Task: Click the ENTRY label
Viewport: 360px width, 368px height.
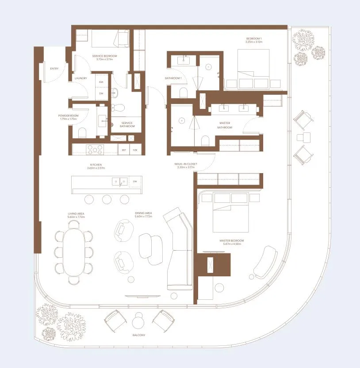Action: pos(55,69)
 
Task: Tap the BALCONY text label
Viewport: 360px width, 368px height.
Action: pos(138,335)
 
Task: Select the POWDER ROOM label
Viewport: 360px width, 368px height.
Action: pos(68,116)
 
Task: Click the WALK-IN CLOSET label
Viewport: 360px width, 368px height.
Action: pos(186,164)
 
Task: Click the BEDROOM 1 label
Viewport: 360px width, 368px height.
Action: pos(254,39)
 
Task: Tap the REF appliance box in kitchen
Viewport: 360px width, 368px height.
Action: pos(124,151)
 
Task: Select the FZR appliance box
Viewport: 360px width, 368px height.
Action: pos(135,151)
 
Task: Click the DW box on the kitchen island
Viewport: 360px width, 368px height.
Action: pos(135,182)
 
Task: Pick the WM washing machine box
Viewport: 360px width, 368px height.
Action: pos(101,83)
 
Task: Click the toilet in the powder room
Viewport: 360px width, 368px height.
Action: pos(81,132)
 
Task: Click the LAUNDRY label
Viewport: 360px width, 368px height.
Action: pos(81,78)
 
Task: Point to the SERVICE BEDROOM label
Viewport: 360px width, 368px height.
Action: pos(105,56)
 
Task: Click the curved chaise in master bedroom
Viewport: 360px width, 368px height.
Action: pos(264,263)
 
